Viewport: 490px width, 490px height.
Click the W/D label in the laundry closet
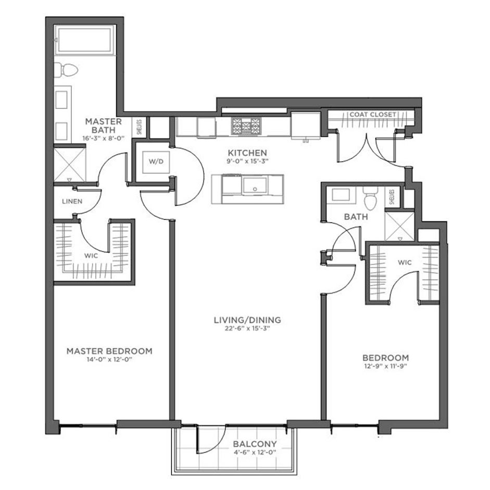click(x=156, y=161)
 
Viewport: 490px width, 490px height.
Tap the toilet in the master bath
click(x=66, y=70)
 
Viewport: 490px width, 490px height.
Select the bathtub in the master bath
click(x=84, y=41)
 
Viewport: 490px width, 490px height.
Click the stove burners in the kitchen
click(x=246, y=126)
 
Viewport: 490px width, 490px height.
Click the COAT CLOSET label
click(x=373, y=115)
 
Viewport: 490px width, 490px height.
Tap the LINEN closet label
click(x=72, y=202)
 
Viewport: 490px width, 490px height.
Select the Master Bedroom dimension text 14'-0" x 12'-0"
click(x=109, y=359)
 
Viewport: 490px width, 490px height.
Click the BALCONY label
click(x=255, y=444)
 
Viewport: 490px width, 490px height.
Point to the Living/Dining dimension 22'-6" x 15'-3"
click(x=247, y=329)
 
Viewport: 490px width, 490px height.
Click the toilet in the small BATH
click(x=370, y=198)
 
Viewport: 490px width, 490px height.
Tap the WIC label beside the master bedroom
click(x=91, y=256)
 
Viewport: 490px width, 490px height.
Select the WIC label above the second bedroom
click(x=405, y=262)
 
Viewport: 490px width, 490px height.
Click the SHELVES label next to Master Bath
click(x=140, y=127)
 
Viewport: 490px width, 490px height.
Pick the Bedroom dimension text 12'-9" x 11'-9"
click(x=386, y=366)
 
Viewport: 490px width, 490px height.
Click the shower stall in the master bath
click(x=70, y=165)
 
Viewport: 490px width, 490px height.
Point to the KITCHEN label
click(x=247, y=153)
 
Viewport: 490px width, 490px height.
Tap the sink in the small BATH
click(x=341, y=194)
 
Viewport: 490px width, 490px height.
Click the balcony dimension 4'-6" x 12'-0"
click(x=255, y=452)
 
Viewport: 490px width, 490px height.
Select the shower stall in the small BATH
click(x=400, y=226)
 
